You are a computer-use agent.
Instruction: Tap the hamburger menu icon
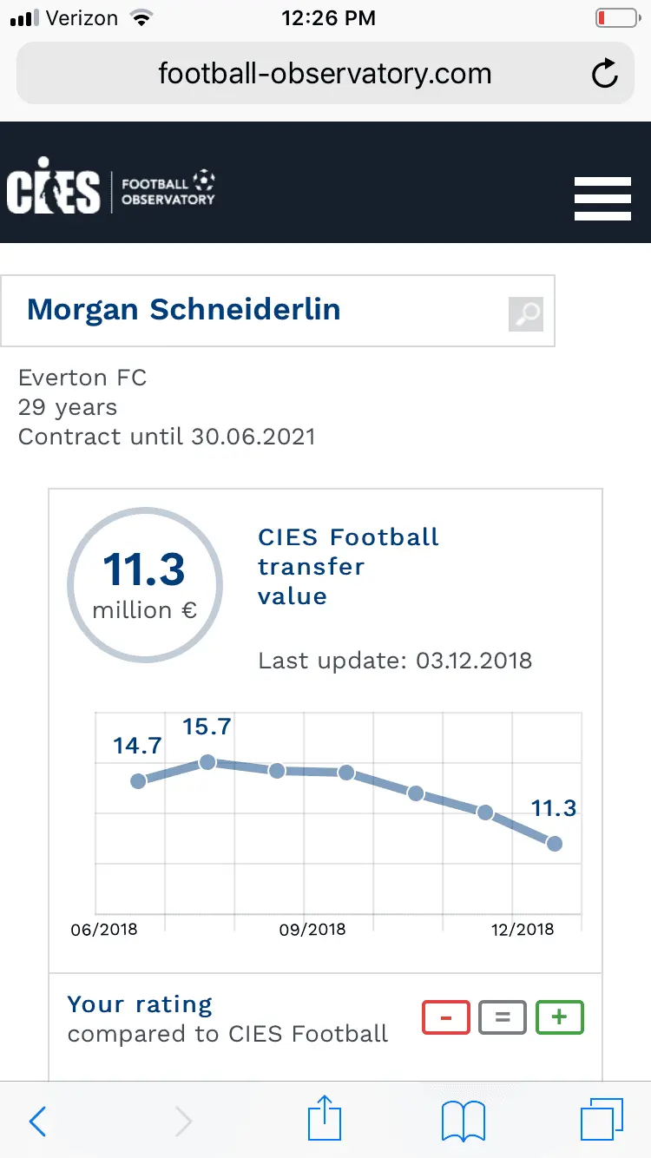click(602, 199)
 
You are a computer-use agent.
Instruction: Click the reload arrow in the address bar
click(604, 75)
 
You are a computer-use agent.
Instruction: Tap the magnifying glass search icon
click(526, 313)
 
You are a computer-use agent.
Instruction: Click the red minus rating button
click(446, 1017)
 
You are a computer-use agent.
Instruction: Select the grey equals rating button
click(503, 1017)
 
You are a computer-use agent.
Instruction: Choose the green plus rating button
click(560, 1017)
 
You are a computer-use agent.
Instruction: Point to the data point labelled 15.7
click(207, 762)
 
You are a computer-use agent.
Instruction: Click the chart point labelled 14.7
click(138, 781)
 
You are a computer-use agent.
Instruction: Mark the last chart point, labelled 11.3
click(554, 843)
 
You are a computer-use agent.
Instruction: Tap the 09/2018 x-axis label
click(312, 930)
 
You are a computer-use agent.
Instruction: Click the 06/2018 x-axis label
click(104, 930)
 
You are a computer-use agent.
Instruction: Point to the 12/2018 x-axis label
click(522, 930)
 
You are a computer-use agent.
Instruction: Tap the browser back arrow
click(37, 1122)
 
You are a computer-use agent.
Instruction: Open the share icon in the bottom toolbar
click(325, 1119)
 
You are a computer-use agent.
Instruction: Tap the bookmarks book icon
click(464, 1122)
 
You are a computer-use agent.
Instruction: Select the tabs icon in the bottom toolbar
click(601, 1121)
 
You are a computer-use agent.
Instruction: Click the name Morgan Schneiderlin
click(184, 310)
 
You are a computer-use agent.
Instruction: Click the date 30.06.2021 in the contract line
click(250, 436)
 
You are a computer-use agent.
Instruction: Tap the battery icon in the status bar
click(615, 18)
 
